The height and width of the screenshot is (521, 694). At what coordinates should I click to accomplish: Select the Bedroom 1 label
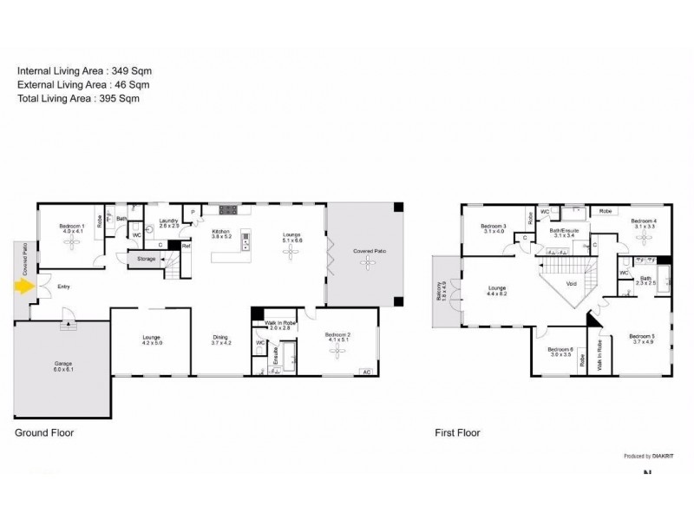(x=72, y=229)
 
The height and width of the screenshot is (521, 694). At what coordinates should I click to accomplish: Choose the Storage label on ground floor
(x=147, y=258)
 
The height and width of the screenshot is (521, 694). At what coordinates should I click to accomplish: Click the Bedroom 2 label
(x=337, y=337)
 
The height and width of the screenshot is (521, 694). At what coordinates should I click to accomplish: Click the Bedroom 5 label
(x=641, y=339)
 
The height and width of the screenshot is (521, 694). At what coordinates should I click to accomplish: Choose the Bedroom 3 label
(x=493, y=228)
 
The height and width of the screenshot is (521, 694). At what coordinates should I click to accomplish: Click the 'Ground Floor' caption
(x=44, y=432)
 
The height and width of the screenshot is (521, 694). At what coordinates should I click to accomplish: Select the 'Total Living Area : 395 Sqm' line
(x=78, y=99)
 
